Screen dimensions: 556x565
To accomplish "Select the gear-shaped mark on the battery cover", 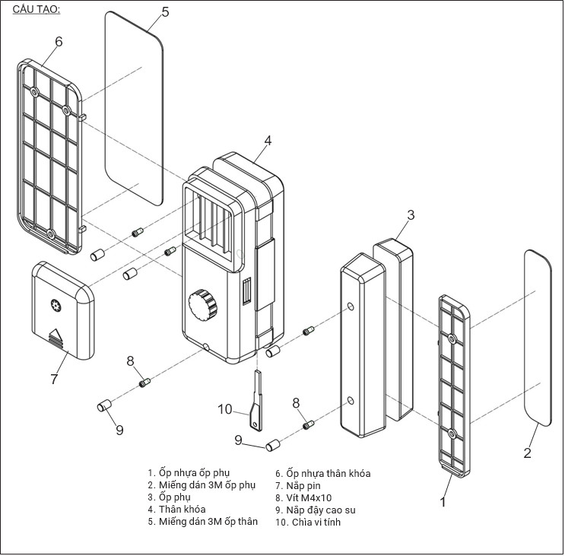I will (x=56, y=306).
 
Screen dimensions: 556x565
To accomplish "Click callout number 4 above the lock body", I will (x=267, y=141).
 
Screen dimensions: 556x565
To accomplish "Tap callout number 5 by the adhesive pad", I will (x=165, y=11).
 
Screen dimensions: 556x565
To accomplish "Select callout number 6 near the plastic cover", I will (x=59, y=40).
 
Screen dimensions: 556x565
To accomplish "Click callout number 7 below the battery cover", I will (x=53, y=379).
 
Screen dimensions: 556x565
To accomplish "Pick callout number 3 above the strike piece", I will (x=410, y=214).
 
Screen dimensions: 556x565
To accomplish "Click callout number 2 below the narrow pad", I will (x=527, y=453).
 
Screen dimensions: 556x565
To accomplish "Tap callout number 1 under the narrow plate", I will (x=443, y=501).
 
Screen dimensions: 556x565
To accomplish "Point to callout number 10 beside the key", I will (x=224, y=409).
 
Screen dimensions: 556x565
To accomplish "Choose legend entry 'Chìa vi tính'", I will (x=313, y=522).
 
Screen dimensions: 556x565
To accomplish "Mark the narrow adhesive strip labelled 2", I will (x=543, y=337).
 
